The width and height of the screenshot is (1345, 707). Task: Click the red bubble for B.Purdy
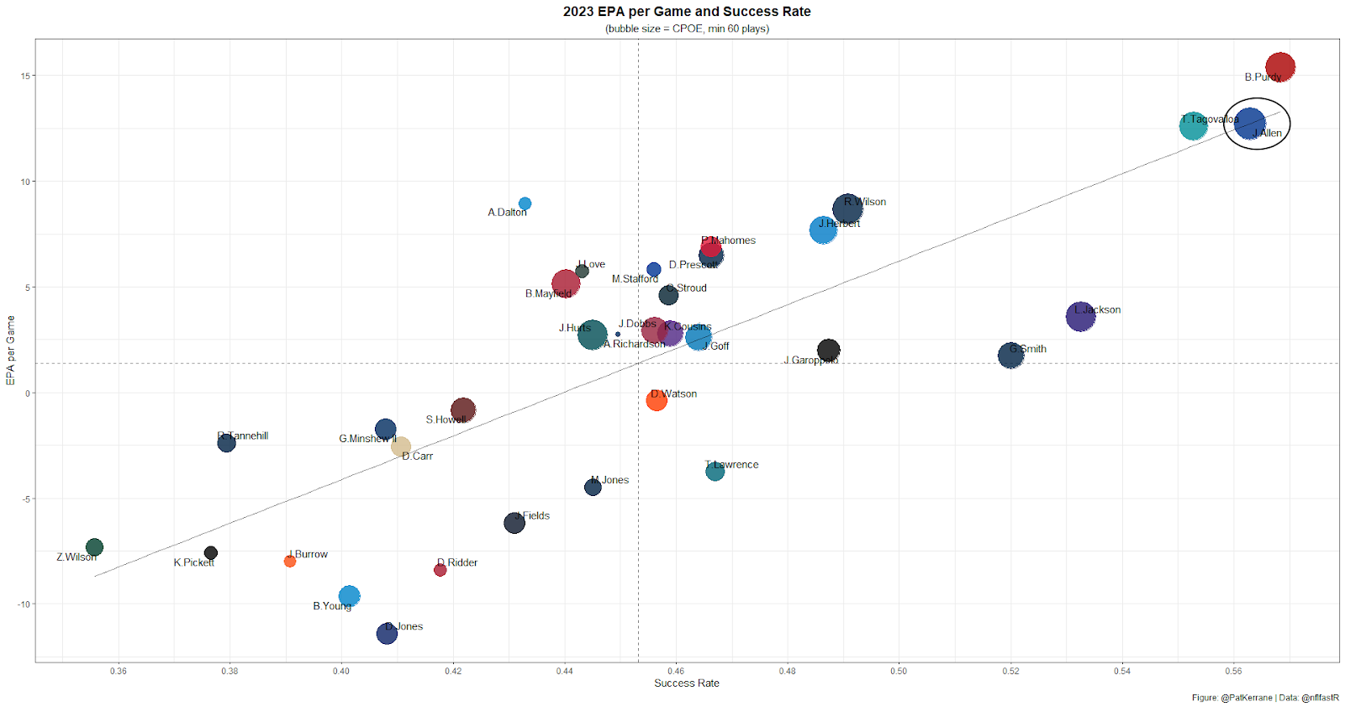pyautogui.click(x=1279, y=66)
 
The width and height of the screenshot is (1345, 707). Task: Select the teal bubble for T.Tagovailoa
pyautogui.click(x=1193, y=125)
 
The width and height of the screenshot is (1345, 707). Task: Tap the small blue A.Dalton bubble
pyautogui.click(x=525, y=203)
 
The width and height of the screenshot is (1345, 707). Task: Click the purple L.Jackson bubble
pyautogui.click(x=1080, y=316)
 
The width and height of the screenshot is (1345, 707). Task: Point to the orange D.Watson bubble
pyautogui.click(x=657, y=400)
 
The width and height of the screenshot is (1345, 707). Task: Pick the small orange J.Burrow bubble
pyautogui.click(x=290, y=561)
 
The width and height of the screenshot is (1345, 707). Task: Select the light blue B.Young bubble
pyautogui.click(x=349, y=596)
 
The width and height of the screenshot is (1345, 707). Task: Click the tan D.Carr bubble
pyautogui.click(x=401, y=446)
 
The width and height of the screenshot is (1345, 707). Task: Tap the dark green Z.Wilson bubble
pyautogui.click(x=94, y=547)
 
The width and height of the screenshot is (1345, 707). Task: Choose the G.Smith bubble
pyautogui.click(x=1010, y=356)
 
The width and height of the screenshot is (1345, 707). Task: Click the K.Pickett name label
pyautogui.click(x=194, y=562)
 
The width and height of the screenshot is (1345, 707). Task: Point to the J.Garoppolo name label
pyautogui.click(x=810, y=361)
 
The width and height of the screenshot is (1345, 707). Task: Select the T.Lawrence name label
pyautogui.click(x=731, y=465)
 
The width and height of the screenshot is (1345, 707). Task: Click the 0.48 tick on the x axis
pyautogui.click(x=787, y=671)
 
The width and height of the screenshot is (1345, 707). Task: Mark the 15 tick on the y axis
pyautogui.click(x=25, y=76)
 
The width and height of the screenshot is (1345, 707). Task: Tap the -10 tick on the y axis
pyautogui.click(x=24, y=604)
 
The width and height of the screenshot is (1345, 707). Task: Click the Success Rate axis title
pyautogui.click(x=687, y=683)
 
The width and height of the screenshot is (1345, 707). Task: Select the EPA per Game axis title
pyautogui.click(x=11, y=351)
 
